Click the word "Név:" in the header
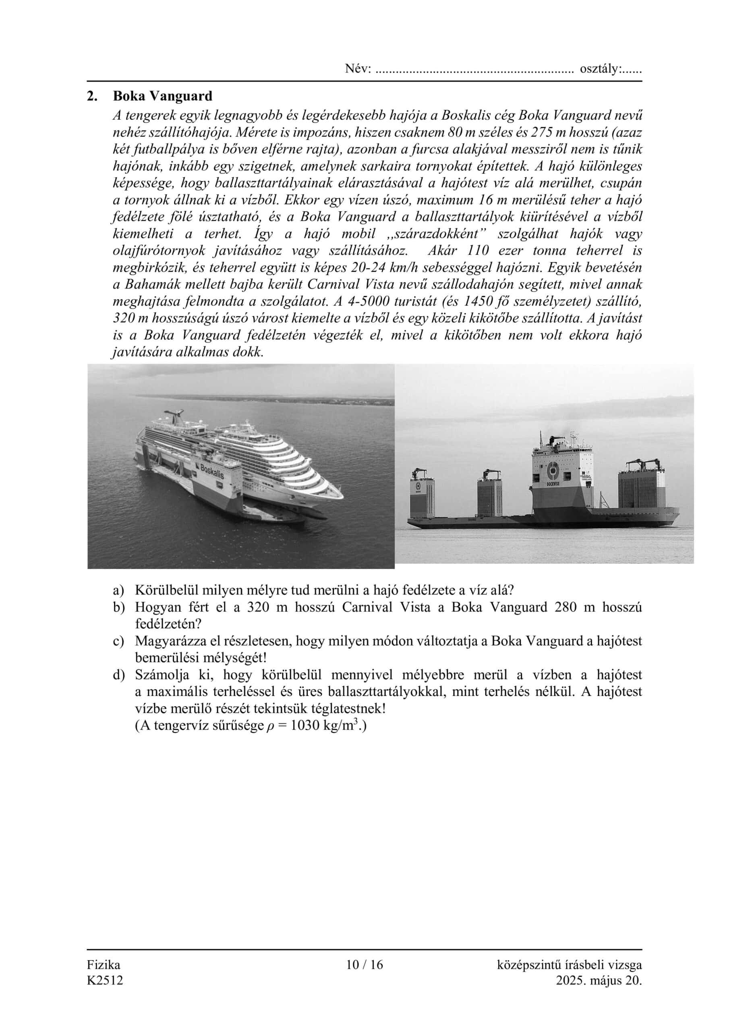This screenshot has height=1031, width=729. [358, 69]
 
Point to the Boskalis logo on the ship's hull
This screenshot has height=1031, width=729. [211, 472]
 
